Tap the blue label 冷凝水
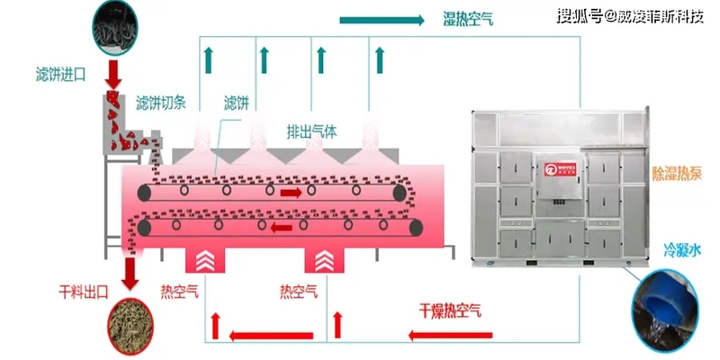(x=682, y=246)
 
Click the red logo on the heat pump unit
(x=552, y=166)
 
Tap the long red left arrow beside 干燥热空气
(x=269, y=337)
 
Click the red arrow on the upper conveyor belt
(x=292, y=192)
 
